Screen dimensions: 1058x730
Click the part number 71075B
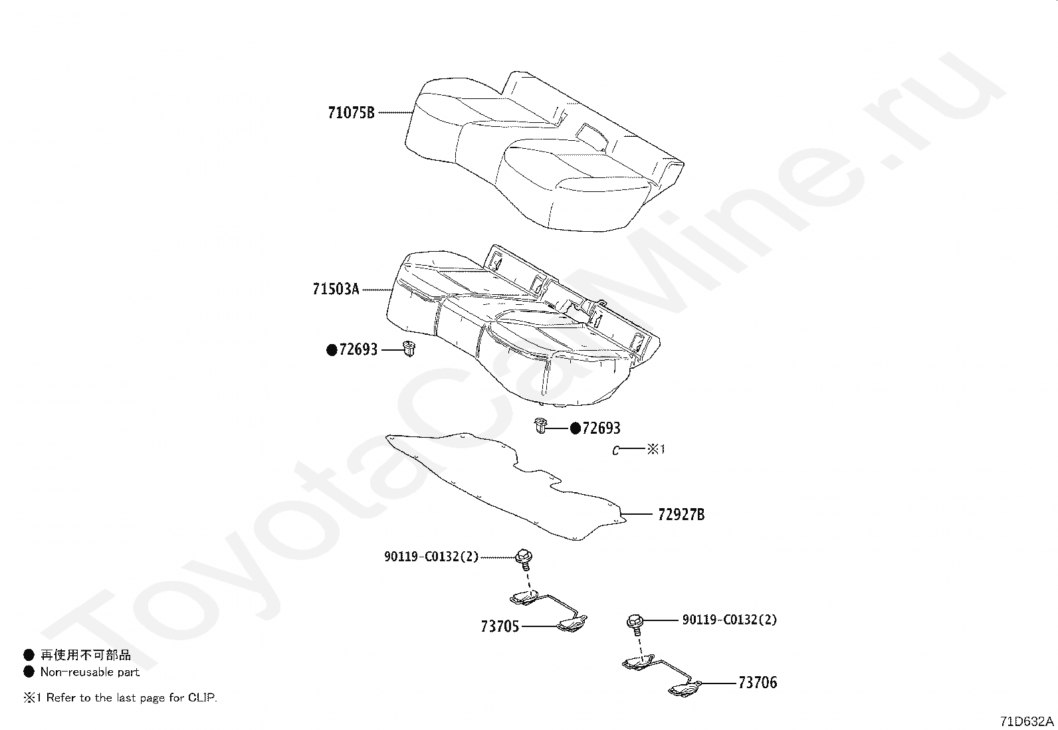point(351,113)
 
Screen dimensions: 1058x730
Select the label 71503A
point(336,290)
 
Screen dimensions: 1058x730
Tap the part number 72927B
point(681,514)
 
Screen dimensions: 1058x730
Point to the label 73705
point(500,626)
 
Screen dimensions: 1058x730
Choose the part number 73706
point(758,683)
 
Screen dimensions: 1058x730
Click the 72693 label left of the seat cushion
point(358,349)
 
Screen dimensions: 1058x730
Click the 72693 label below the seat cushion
point(601,428)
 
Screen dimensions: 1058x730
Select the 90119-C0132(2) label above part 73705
point(431,557)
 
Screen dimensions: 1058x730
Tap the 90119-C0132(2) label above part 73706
point(729,620)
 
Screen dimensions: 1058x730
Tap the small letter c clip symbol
point(616,451)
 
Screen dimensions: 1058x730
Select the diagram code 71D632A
point(1027,721)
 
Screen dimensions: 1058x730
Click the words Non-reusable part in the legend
point(90,672)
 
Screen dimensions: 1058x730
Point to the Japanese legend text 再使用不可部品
point(86,656)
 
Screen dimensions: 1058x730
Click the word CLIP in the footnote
point(201,698)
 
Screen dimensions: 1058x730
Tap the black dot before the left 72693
point(331,350)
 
